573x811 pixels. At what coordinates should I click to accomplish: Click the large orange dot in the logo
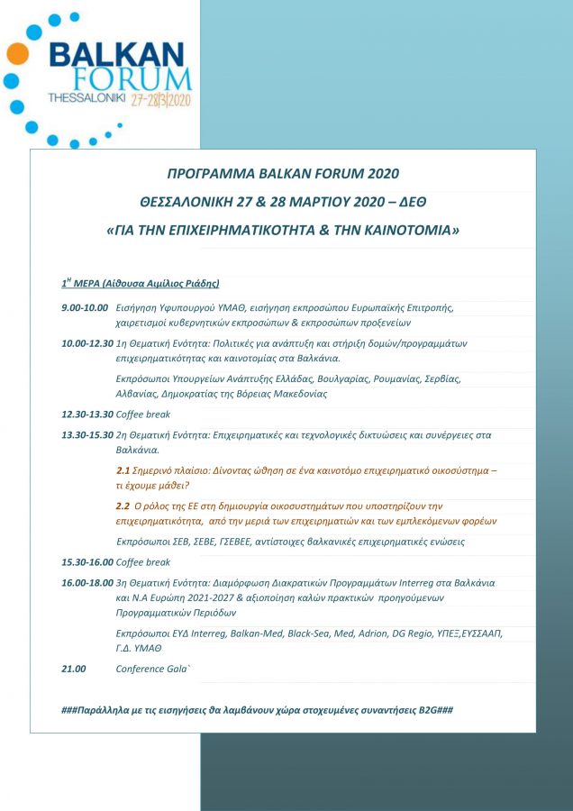pyautogui.click(x=16, y=54)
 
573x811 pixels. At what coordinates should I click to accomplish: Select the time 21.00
pyautogui.click(x=74, y=669)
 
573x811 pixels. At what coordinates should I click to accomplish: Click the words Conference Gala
pyautogui.click(x=153, y=669)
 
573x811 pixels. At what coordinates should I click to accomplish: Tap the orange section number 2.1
pyautogui.click(x=123, y=470)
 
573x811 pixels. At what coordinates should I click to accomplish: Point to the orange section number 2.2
pyautogui.click(x=123, y=506)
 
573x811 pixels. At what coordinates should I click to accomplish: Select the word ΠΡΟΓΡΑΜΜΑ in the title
pyautogui.click(x=209, y=173)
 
